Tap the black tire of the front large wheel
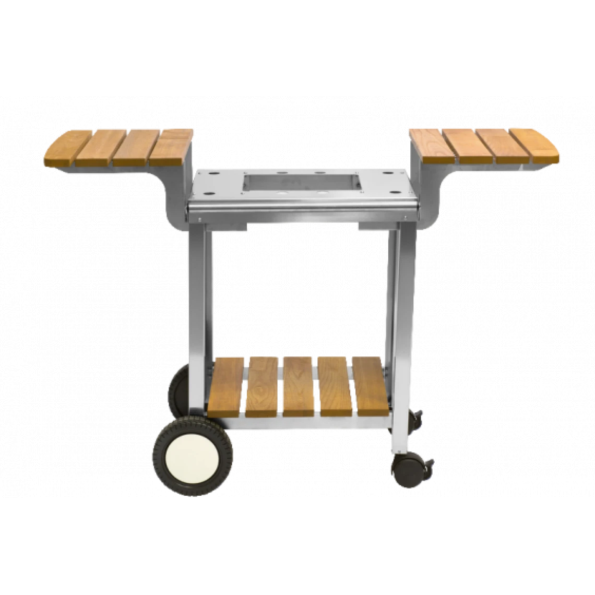[159, 459]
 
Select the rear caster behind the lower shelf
[416, 419]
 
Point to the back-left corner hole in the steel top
[214, 172]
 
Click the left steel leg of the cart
[197, 313]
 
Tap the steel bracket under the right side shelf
[428, 193]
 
